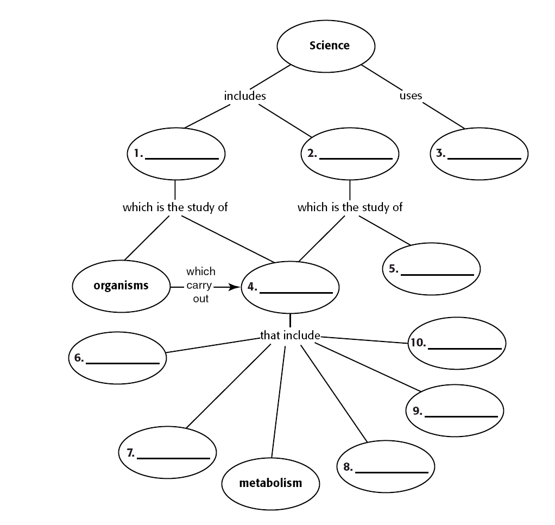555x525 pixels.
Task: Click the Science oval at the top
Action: pyautogui.click(x=326, y=46)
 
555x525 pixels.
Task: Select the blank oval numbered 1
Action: pyautogui.click(x=176, y=154)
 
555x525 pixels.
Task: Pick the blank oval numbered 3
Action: pyautogui.click(x=480, y=154)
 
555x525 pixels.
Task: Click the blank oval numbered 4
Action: pyautogui.click(x=291, y=287)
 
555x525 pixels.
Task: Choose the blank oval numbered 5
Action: pyautogui.click(x=432, y=269)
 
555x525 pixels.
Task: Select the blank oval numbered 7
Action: pyautogui.click(x=168, y=452)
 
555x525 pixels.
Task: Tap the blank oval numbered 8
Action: pyautogui.click(x=386, y=467)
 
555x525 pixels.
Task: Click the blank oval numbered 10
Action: pyautogui.click(x=457, y=343)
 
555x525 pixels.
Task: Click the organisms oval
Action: pyautogui.click(x=121, y=286)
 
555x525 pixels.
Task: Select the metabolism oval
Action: pyautogui.click(x=270, y=483)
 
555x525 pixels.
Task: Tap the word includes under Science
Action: pyautogui.click(x=245, y=96)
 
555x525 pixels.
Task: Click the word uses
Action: pyautogui.click(x=411, y=96)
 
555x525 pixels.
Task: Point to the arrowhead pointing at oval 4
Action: pyautogui.click(x=235, y=287)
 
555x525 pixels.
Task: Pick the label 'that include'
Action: pyautogui.click(x=290, y=336)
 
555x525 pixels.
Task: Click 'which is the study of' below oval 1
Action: pyautogui.click(x=175, y=207)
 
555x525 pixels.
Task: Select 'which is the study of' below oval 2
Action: pyautogui.click(x=350, y=207)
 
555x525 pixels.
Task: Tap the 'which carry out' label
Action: pyautogui.click(x=200, y=285)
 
